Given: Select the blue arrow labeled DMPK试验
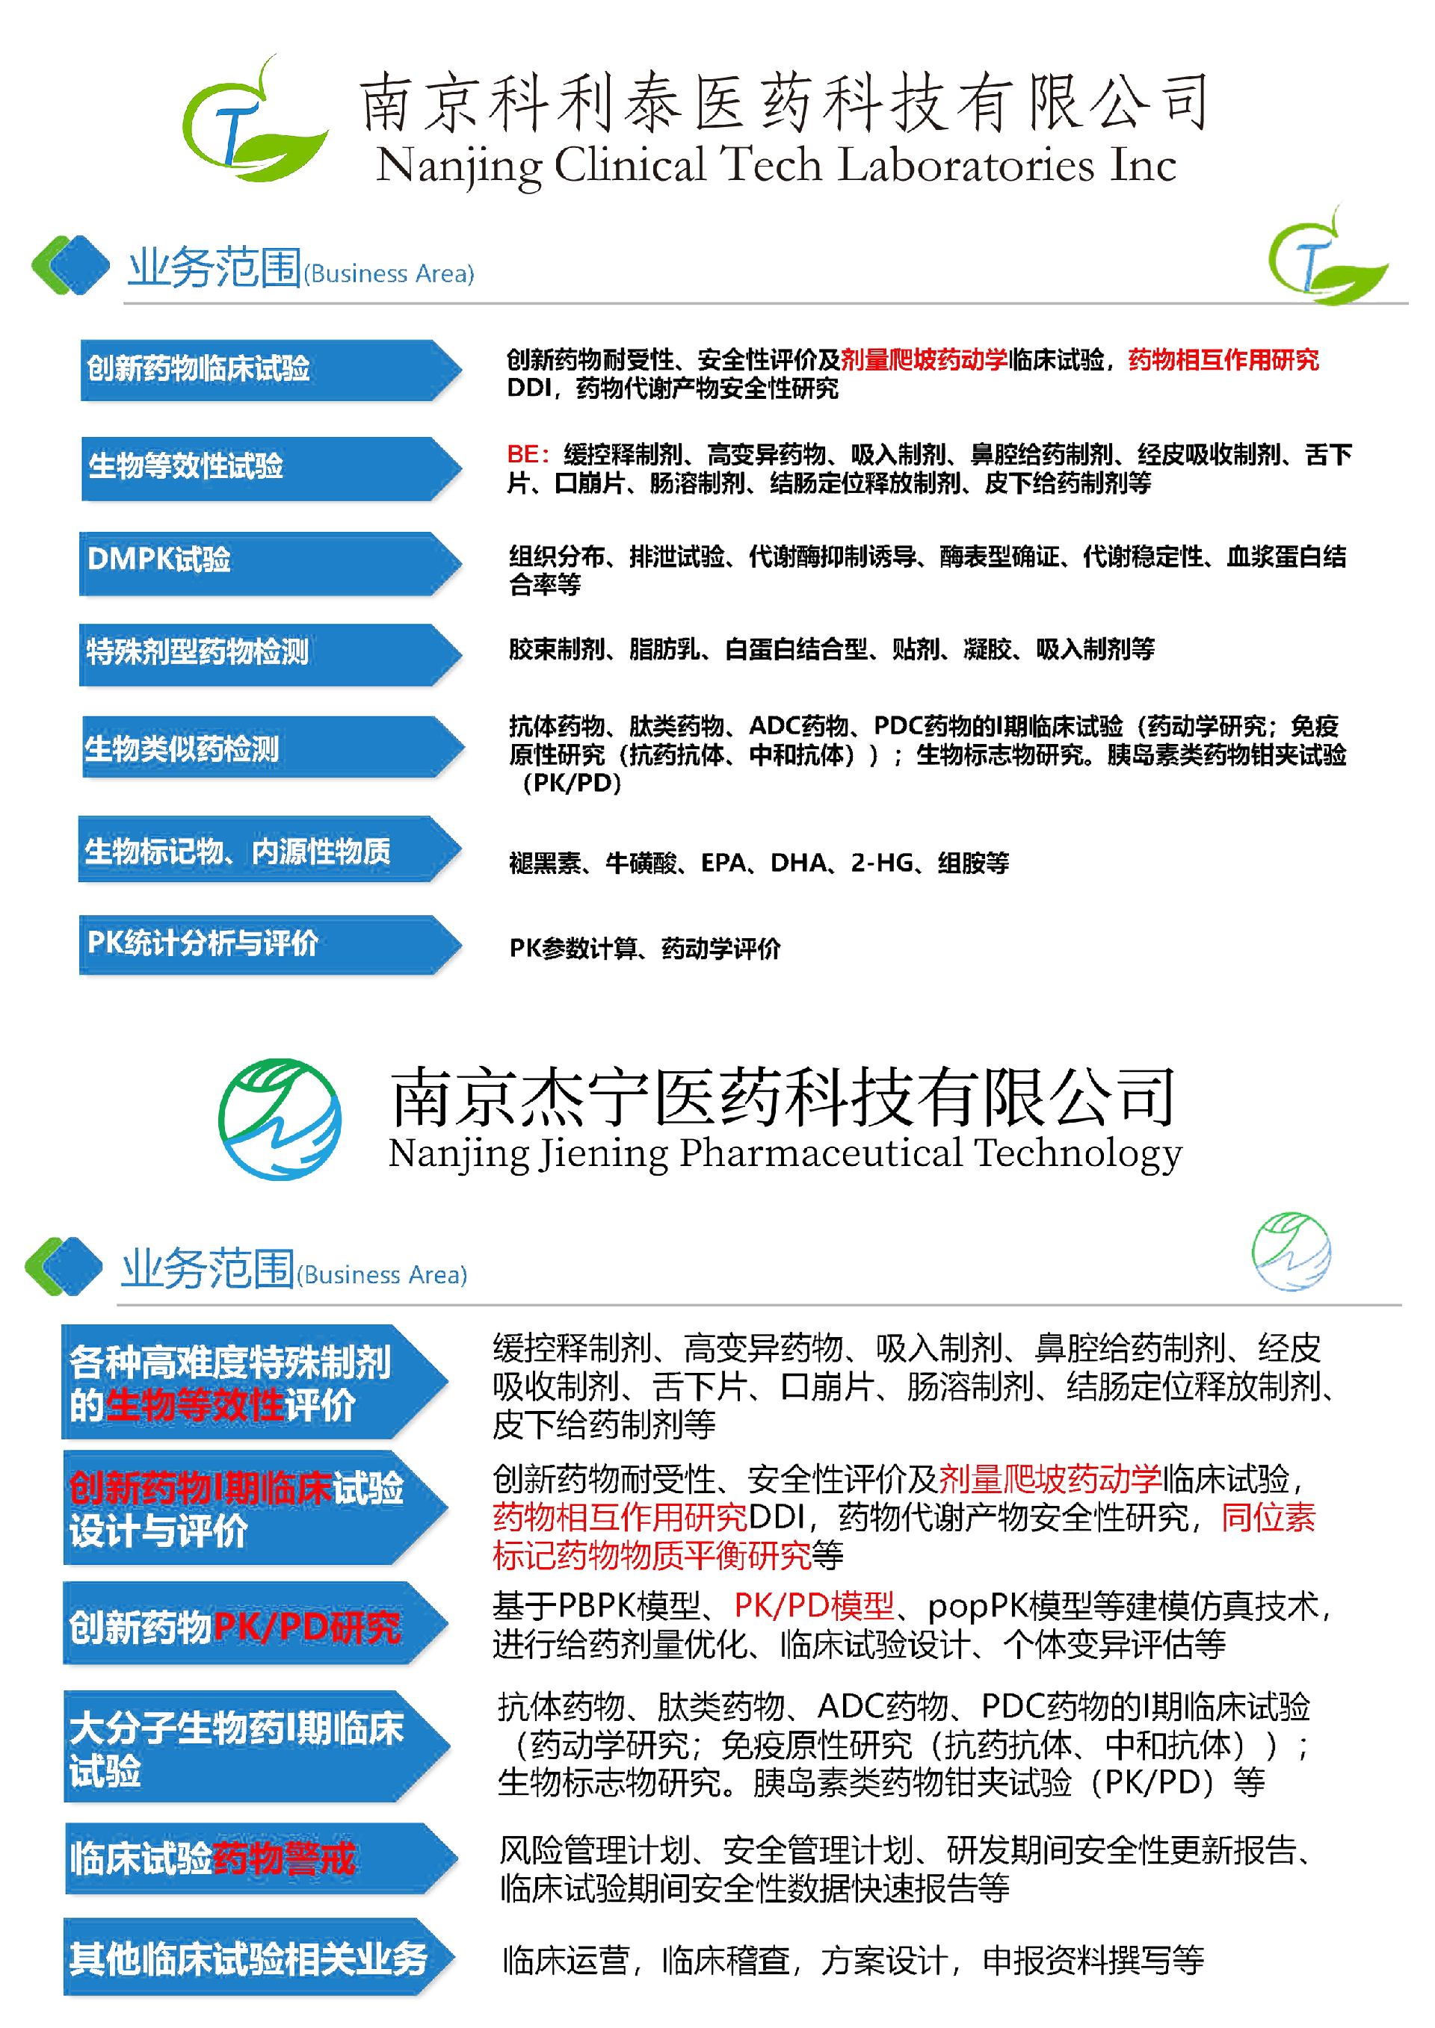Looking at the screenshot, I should [265, 562].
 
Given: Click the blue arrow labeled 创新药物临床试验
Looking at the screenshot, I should [265, 370].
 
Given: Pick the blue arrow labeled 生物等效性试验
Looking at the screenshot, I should [265, 468].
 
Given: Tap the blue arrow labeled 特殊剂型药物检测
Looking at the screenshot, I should [265, 654].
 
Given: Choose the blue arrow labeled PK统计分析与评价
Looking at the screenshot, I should [265, 944].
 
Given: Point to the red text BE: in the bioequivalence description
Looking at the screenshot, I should [528, 455].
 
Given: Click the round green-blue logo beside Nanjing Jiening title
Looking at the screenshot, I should [280, 1119].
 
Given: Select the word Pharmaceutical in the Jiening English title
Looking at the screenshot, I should [821, 1153].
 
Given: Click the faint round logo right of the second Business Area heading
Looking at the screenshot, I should [1291, 1252].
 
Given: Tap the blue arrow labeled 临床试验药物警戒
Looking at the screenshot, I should [256, 1859].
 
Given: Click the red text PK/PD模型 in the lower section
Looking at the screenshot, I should [814, 1605].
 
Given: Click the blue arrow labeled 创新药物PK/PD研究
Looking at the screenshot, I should [252, 1626].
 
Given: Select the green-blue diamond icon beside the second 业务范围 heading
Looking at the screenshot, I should [64, 1267].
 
